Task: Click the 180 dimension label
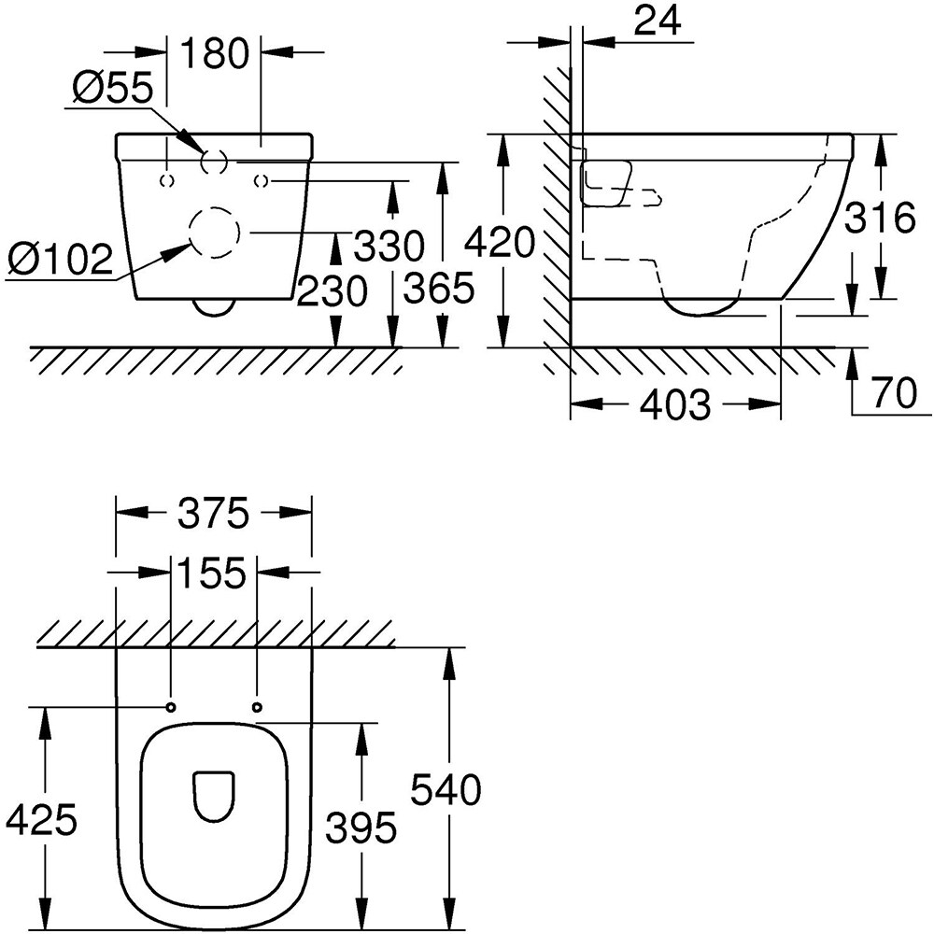tap(215, 53)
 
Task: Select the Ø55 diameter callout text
tap(111, 91)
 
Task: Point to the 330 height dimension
tap(389, 247)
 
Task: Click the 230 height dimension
tap(332, 293)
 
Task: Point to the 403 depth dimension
tap(675, 404)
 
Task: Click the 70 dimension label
tap(896, 392)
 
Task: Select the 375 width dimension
tap(213, 513)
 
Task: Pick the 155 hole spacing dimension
tap(214, 572)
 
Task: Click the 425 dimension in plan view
tap(41, 821)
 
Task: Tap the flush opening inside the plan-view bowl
tap(213, 797)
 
